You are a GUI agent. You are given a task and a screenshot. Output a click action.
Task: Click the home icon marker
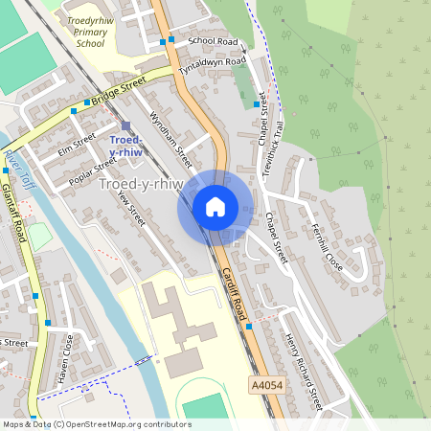[215, 207]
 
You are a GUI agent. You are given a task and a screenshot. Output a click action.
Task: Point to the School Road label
[213, 41]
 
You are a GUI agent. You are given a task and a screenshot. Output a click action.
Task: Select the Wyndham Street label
[165, 131]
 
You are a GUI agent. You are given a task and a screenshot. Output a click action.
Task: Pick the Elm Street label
[78, 144]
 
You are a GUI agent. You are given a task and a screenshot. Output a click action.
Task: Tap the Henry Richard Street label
[304, 372]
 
